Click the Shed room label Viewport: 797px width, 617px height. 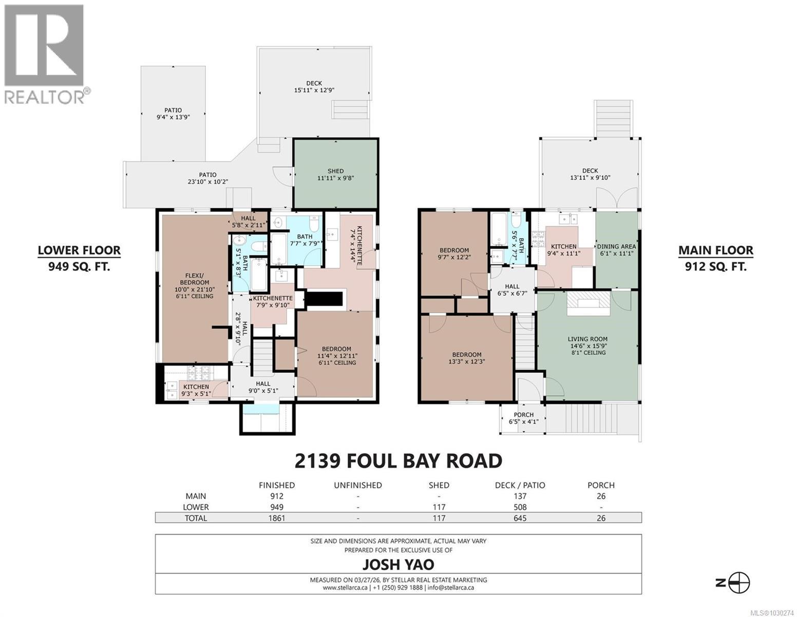(x=335, y=175)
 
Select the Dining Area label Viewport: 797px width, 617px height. (x=616, y=250)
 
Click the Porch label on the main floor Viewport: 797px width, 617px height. (x=524, y=418)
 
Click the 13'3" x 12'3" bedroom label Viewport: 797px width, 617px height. (x=467, y=358)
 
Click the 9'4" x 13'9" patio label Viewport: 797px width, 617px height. (x=173, y=114)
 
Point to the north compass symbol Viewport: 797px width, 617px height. (x=739, y=583)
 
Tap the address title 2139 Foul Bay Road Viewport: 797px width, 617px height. (x=398, y=461)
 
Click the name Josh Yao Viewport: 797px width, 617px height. (x=398, y=565)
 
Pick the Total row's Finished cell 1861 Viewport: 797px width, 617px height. (x=276, y=518)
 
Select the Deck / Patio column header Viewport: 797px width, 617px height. (x=520, y=485)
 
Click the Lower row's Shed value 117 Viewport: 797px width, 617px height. (x=439, y=507)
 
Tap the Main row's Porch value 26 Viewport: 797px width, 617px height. (x=601, y=496)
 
